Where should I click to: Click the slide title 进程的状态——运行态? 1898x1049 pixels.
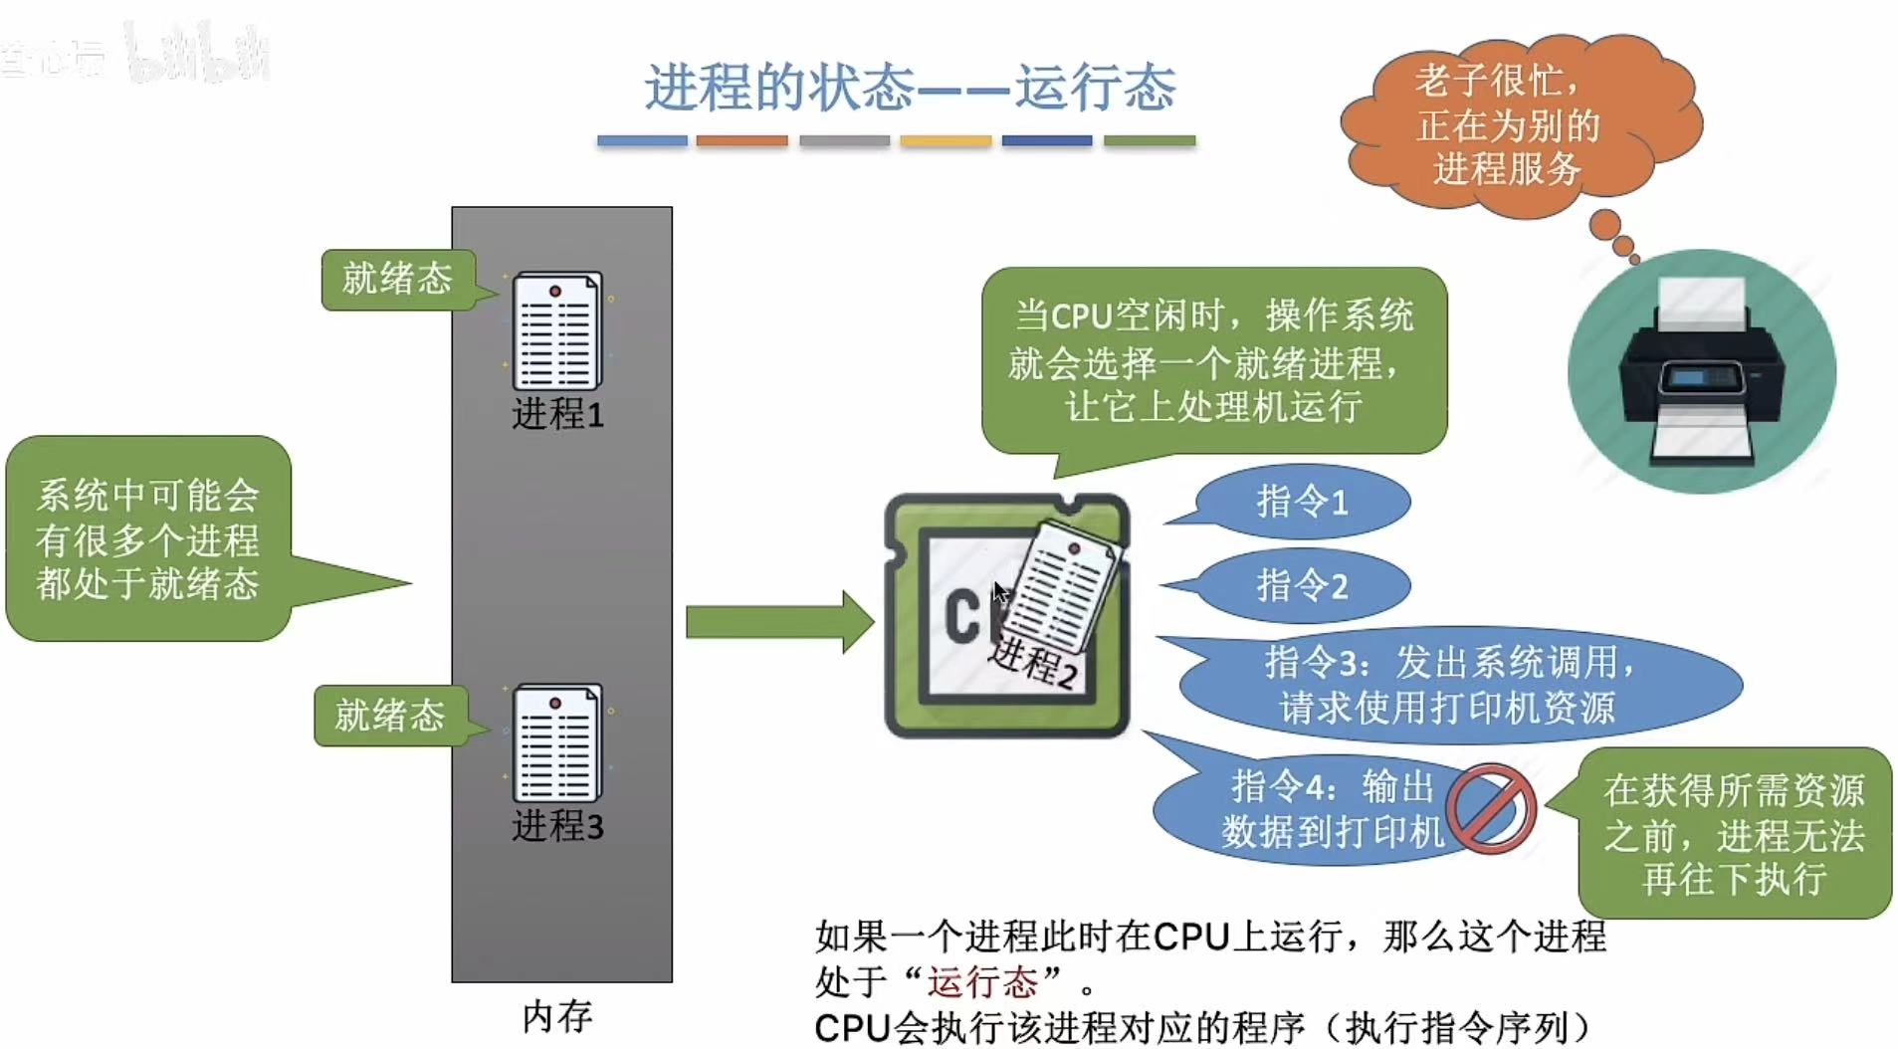click(x=910, y=88)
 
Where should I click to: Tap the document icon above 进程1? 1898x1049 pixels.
click(x=556, y=331)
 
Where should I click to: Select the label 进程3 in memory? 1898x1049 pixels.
click(x=557, y=826)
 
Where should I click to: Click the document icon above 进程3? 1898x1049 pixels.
click(x=556, y=743)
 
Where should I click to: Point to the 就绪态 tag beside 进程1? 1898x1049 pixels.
click(x=397, y=280)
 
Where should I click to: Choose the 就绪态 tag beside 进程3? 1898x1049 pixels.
click(x=389, y=716)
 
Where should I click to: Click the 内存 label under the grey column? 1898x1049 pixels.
click(x=557, y=1016)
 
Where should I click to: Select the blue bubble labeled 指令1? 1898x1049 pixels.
click(x=1302, y=502)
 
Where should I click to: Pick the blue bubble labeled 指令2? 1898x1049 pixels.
click(x=1302, y=585)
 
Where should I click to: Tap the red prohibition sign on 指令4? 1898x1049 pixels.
click(x=1490, y=808)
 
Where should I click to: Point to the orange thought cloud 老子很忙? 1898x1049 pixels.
click(x=1509, y=125)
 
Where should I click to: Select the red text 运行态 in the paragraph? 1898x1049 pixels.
click(x=982, y=982)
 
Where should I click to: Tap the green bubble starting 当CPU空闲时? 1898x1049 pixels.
click(x=1213, y=361)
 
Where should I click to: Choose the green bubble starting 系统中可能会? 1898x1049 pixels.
click(x=148, y=538)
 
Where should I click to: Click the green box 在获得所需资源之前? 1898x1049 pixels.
click(x=1734, y=834)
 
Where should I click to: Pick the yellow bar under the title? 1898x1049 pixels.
click(x=945, y=141)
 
